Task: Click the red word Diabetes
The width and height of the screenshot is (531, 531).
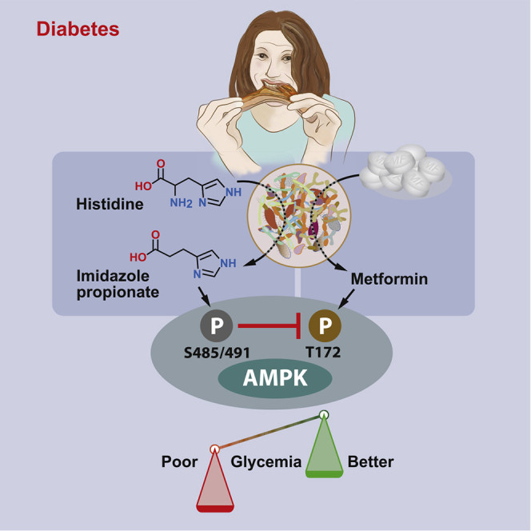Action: tap(78, 30)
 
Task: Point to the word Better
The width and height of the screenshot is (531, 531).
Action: tap(371, 462)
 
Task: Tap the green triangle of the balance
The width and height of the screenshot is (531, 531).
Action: tap(324, 448)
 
